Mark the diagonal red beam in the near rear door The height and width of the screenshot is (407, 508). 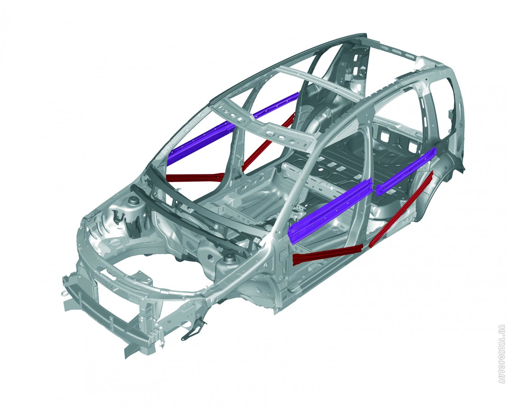point(401,209)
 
